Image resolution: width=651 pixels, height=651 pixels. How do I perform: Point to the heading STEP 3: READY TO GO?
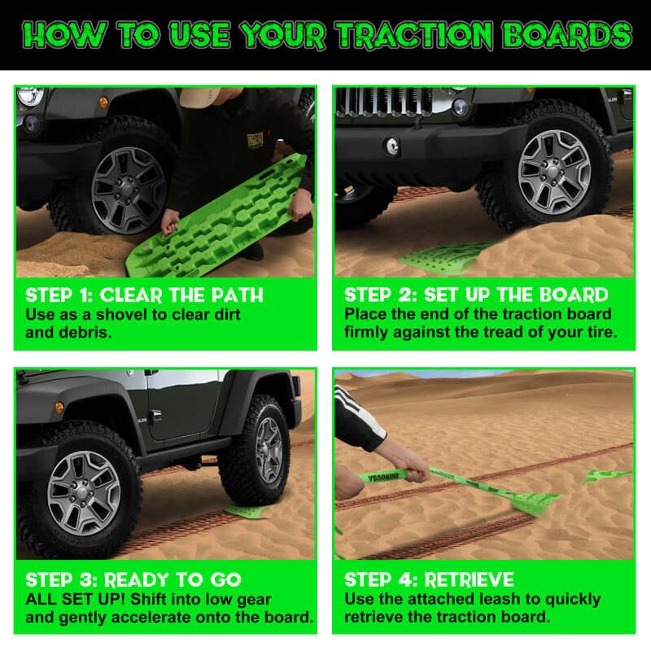point(133,580)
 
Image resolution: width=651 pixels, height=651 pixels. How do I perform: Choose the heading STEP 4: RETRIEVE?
point(429,580)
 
